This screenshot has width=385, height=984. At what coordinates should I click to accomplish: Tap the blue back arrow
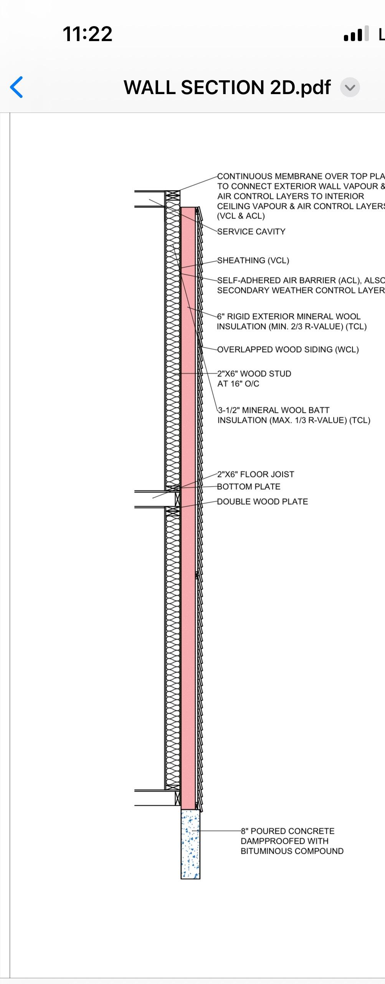(x=17, y=87)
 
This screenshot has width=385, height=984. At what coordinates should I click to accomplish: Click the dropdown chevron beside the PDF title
(x=350, y=88)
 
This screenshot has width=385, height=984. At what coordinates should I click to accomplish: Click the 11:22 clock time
(x=87, y=34)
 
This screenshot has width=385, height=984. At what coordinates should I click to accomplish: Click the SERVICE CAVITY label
(x=251, y=232)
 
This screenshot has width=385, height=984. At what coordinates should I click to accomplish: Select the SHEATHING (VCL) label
(x=253, y=260)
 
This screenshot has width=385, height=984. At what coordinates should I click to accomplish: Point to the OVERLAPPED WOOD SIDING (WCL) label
(x=288, y=350)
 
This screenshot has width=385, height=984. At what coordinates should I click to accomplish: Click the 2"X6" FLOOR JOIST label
(x=255, y=474)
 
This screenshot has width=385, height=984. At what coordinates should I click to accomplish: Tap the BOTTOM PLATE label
(x=248, y=487)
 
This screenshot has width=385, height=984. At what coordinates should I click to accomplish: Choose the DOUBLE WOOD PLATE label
(x=262, y=502)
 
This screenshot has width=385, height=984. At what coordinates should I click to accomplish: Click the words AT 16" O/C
(x=238, y=384)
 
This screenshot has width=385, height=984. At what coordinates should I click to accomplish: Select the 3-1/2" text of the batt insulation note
(x=229, y=410)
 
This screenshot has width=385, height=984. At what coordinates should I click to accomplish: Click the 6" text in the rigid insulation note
(x=221, y=316)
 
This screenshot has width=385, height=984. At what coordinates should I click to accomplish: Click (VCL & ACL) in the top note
(x=241, y=216)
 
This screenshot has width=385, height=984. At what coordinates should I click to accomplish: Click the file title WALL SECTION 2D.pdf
(x=227, y=88)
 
